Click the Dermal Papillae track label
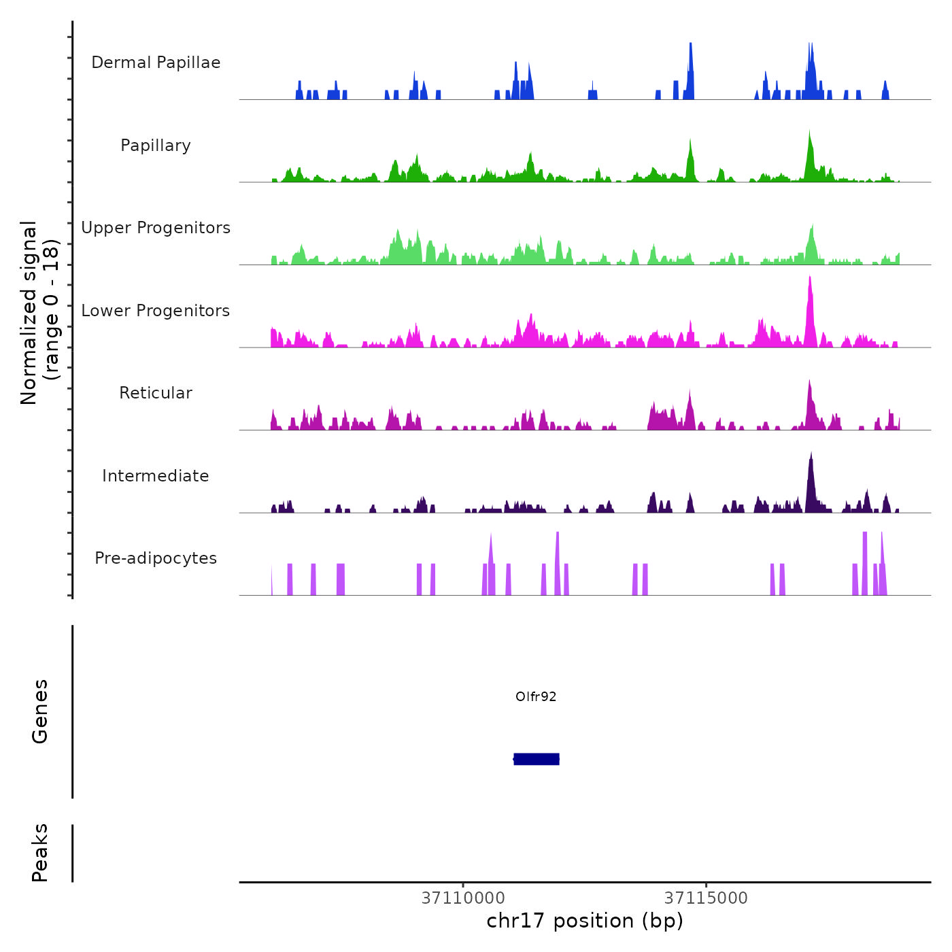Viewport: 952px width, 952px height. point(156,63)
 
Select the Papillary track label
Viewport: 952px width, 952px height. point(156,146)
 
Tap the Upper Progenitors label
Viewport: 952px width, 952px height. point(156,228)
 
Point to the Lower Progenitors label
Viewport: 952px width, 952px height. point(156,311)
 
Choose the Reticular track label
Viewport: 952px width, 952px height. point(156,393)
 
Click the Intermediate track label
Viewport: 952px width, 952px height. point(156,476)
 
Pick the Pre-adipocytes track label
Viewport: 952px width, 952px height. point(156,558)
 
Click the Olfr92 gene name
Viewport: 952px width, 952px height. point(536,696)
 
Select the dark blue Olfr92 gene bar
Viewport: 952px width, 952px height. point(537,759)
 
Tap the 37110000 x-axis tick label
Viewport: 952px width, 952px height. point(463,898)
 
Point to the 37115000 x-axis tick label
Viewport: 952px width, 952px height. point(706,898)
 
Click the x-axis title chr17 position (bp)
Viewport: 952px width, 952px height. point(585,921)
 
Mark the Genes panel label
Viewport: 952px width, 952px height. point(40,711)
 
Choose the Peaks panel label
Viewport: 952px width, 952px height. point(40,853)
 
